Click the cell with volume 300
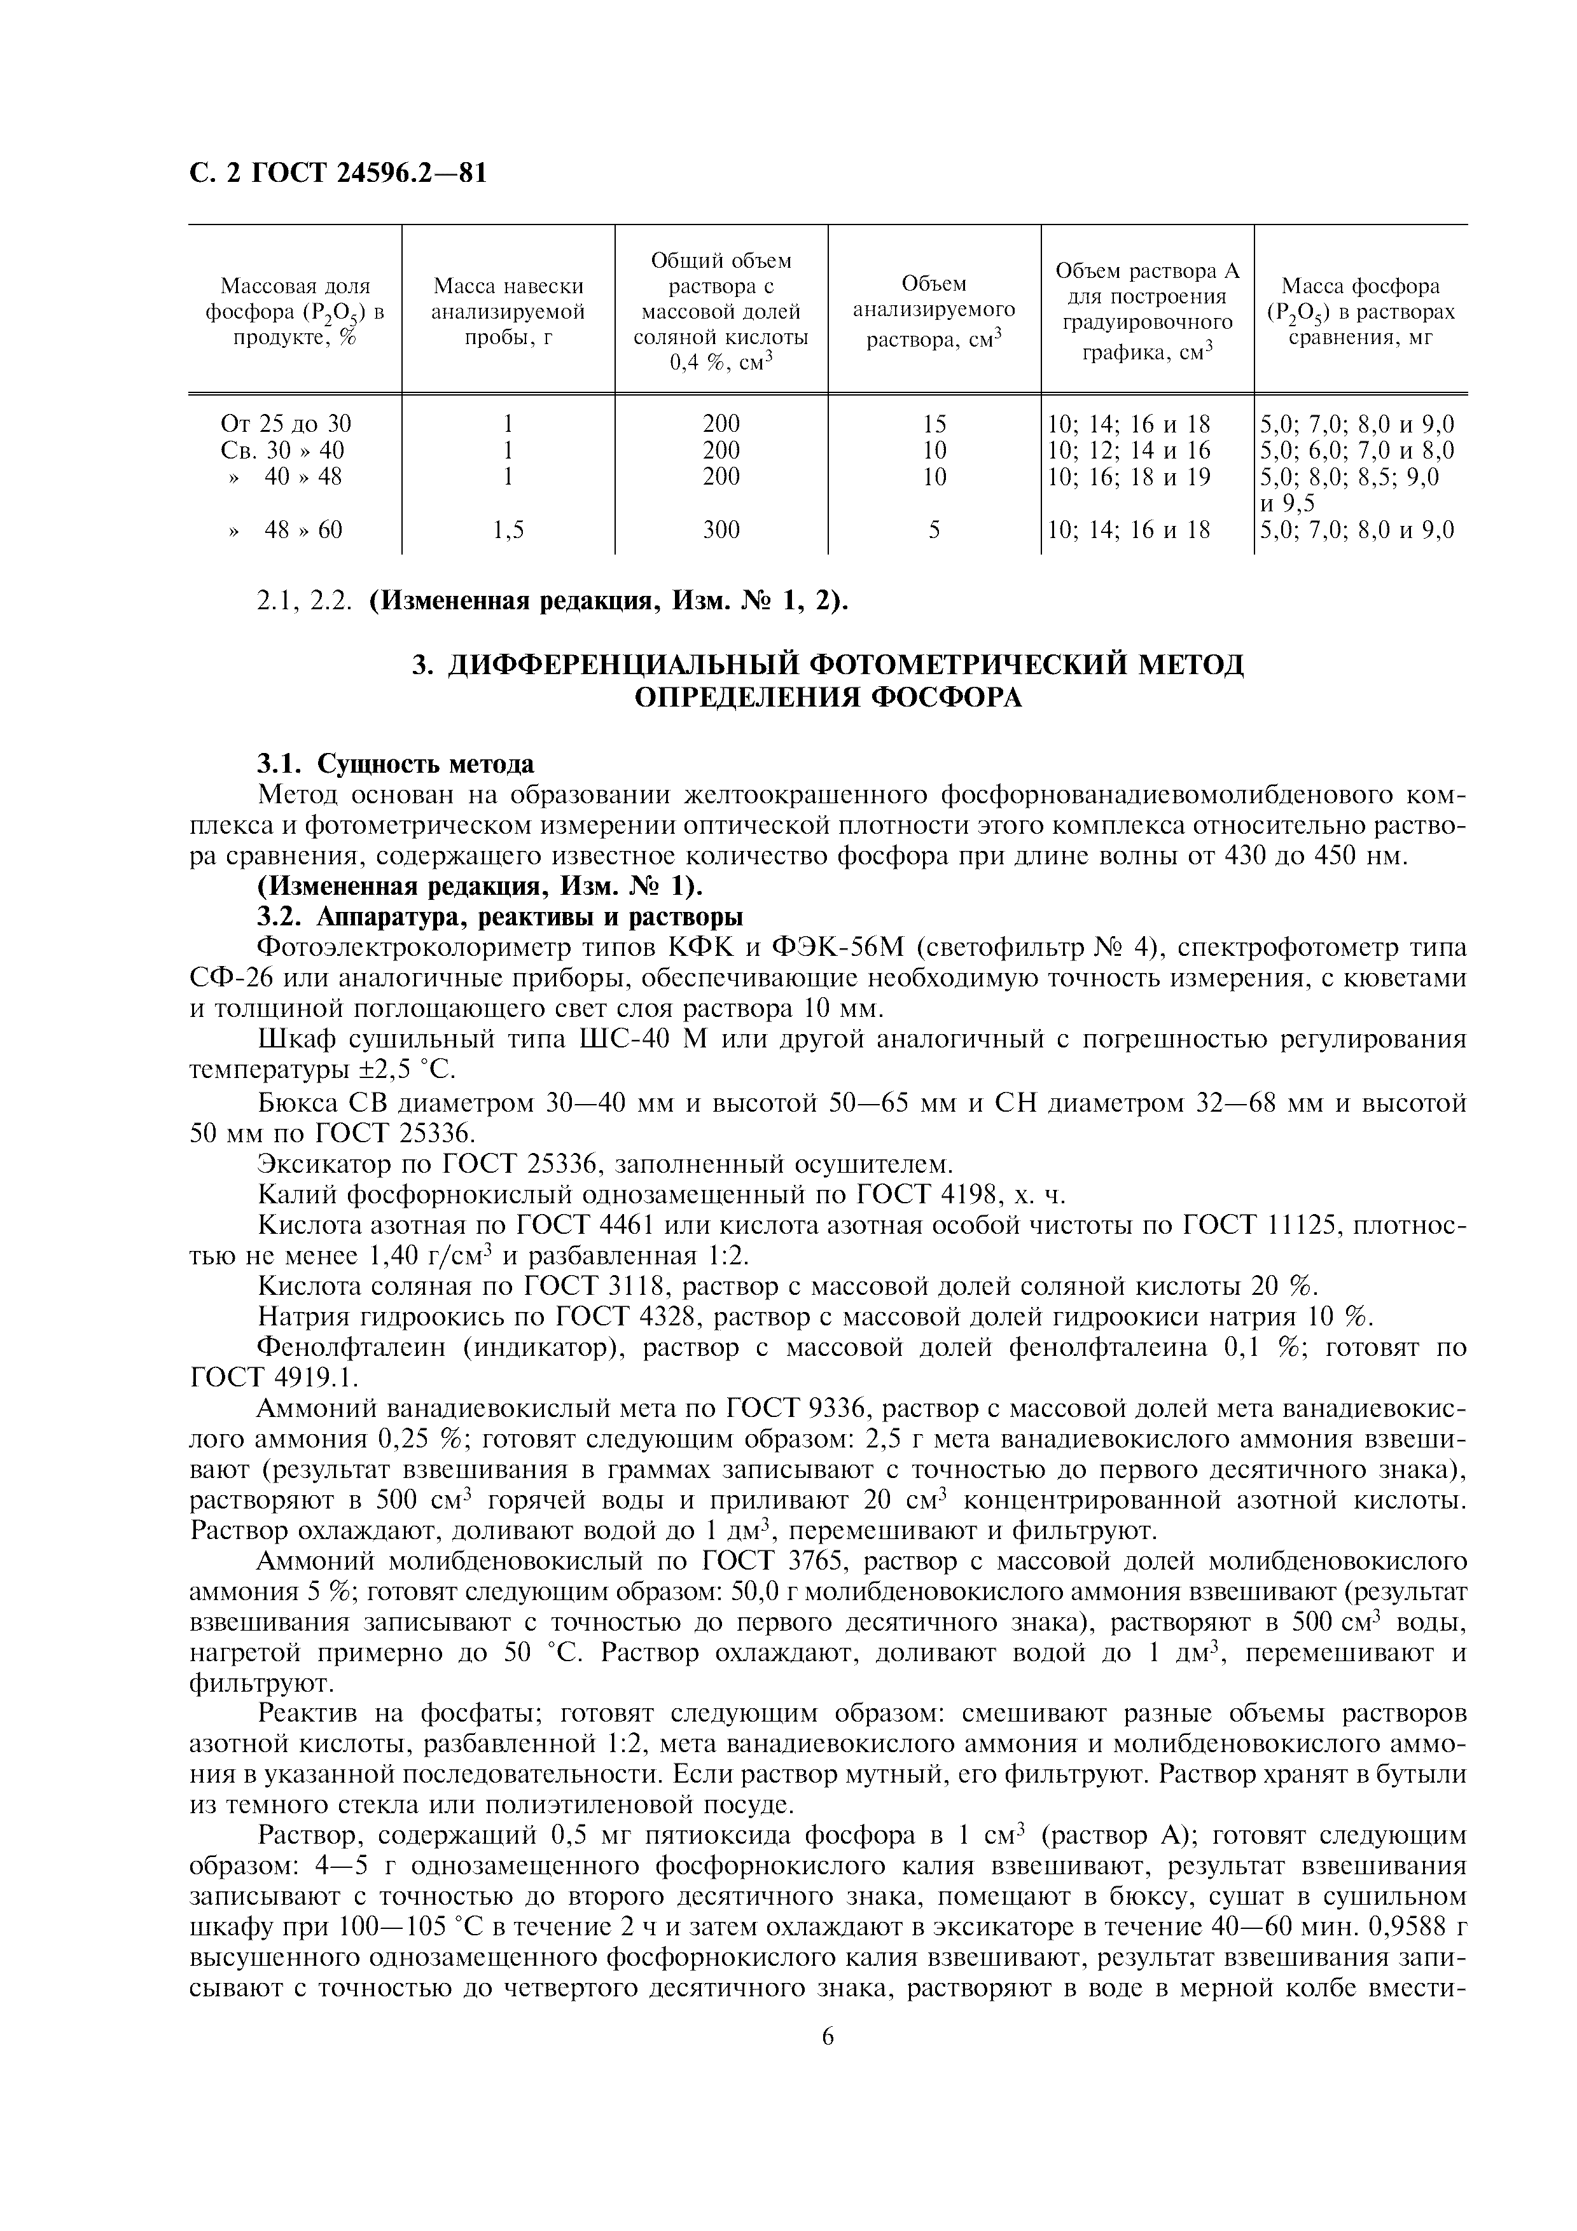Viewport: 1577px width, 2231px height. pyautogui.click(x=721, y=530)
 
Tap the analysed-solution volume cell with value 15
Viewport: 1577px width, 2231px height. pyautogui.click(x=934, y=424)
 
